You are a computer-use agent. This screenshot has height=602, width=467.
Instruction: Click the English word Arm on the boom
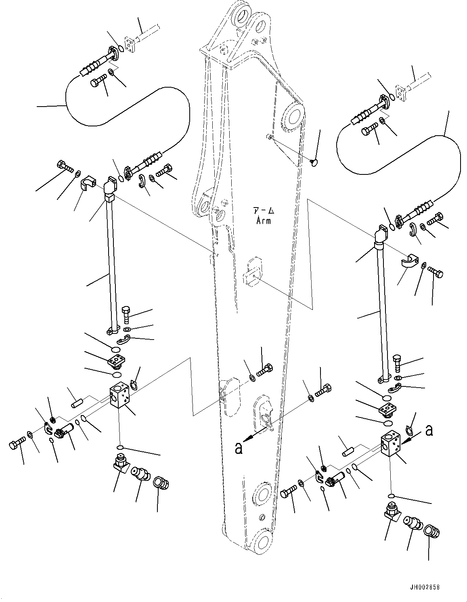click(264, 220)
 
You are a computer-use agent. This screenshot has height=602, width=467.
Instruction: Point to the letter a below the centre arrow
click(239, 448)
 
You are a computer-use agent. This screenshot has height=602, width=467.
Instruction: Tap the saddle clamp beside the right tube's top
click(410, 262)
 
